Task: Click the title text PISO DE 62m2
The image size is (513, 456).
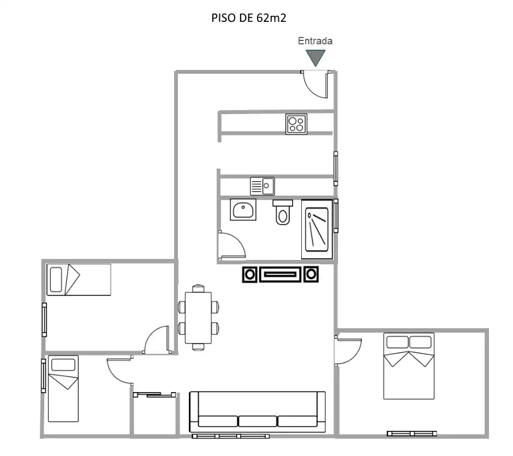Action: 249,17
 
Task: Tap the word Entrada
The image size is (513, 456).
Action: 315,41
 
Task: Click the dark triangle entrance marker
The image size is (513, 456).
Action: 315,57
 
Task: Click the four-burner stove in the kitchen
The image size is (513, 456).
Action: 296,124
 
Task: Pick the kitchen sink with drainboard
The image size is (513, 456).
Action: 263,186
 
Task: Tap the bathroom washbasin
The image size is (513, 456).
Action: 243,210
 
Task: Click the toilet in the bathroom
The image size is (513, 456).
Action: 283,212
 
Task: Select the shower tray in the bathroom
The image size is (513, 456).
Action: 317,229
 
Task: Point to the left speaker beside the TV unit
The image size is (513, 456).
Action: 250,274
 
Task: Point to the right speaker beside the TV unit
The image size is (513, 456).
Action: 311,274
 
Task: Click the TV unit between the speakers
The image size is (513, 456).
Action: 281,274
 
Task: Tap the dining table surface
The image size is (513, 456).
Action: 198,317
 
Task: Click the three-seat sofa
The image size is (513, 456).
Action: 258,412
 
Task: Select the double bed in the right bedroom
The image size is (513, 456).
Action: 409,366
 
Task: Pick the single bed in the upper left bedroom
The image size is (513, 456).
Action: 79,280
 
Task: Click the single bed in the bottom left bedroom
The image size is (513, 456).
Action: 63,389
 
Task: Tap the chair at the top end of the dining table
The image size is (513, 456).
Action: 198,288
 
